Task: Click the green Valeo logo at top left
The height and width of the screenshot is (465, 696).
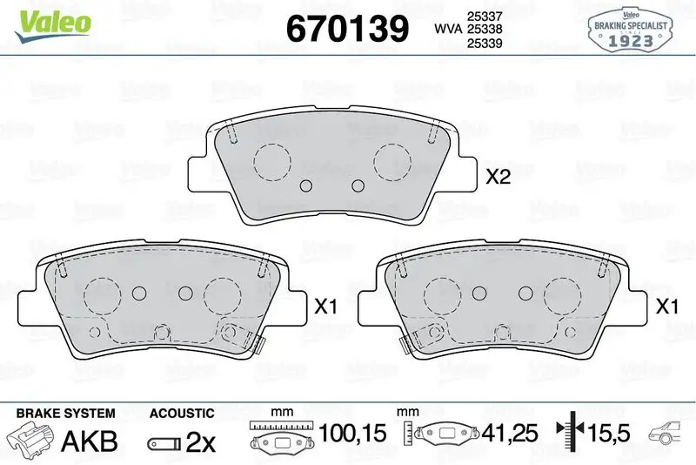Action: (x=50, y=22)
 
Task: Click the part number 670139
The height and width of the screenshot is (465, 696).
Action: (x=347, y=29)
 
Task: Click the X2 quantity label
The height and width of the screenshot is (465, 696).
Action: (x=497, y=178)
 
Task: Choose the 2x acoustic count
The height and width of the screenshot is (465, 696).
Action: (x=201, y=441)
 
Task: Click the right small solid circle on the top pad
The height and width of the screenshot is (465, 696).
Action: (x=358, y=185)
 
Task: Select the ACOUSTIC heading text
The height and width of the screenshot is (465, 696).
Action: (x=181, y=413)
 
